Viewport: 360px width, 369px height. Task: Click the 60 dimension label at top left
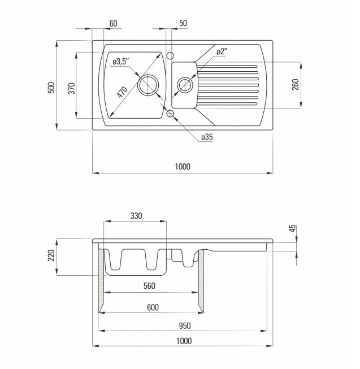pyautogui.click(x=113, y=24)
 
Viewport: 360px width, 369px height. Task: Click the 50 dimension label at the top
pyautogui.click(x=183, y=23)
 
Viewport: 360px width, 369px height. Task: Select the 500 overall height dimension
pyautogui.click(x=51, y=88)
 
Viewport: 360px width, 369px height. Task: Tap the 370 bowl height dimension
pyautogui.click(x=72, y=89)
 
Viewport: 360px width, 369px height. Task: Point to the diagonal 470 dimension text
pyautogui.click(x=122, y=92)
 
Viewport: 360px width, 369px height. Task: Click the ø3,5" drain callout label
pyautogui.click(x=120, y=62)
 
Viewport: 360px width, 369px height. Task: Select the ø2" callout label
pyautogui.click(x=222, y=51)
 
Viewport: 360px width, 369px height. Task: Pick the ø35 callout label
pyautogui.click(x=207, y=137)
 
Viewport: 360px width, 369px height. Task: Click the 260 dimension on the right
pyautogui.click(x=296, y=85)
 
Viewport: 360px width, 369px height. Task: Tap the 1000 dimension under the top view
pyautogui.click(x=183, y=167)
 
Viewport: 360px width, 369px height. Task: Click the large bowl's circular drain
pyautogui.click(x=148, y=85)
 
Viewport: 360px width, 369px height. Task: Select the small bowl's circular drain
pyautogui.click(x=185, y=85)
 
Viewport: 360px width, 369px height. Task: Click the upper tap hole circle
pyautogui.click(x=170, y=56)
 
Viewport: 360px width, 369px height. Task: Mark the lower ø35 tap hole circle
pyautogui.click(x=170, y=114)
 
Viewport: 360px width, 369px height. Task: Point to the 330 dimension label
pyautogui.click(x=136, y=216)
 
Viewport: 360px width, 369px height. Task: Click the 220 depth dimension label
pyautogui.click(x=51, y=255)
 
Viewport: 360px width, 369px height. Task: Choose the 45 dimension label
pyautogui.click(x=293, y=228)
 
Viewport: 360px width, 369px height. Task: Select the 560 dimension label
pyautogui.click(x=149, y=286)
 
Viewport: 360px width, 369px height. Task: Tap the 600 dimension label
pyautogui.click(x=153, y=307)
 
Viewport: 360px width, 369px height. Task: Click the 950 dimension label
pyautogui.click(x=185, y=326)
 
